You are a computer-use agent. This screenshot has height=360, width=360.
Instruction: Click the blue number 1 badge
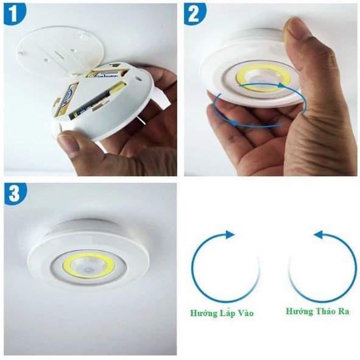click(x=14, y=14)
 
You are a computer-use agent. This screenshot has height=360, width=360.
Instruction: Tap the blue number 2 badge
click(x=194, y=14)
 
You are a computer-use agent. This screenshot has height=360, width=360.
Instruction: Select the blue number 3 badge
click(x=14, y=194)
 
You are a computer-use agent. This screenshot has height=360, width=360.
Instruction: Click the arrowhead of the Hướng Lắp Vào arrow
click(x=230, y=235)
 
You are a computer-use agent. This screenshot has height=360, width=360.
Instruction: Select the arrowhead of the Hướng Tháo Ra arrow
click(x=319, y=235)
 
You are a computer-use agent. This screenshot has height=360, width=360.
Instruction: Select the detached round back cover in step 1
click(x=58, y=51)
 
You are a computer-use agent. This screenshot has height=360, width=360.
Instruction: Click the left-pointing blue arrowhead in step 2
click(x=234, y=123)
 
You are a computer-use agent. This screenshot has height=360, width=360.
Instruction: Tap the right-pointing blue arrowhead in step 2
click(x=281, y=85)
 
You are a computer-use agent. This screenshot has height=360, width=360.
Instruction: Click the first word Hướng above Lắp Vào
click(x=202, y=314)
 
